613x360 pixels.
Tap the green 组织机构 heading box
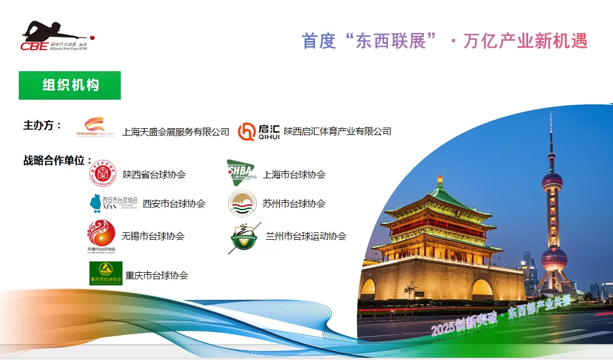pos(70,85)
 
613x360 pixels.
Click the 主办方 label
pos(42,125)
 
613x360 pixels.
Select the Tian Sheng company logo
pos(95,128)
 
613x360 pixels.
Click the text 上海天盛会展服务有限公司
pos(175,132)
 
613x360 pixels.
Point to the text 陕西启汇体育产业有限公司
pos(337,132)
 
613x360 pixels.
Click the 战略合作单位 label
pos(58,160)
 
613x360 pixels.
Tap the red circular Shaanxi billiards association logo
pos(103,173)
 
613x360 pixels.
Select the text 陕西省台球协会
pos(154,175)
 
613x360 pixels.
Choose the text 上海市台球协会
pos(294,175)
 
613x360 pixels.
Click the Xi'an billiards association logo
pos(113,202)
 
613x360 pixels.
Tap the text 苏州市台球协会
pos(294,203)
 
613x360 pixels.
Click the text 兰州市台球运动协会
pos(306,236)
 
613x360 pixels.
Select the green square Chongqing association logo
pos(106,273)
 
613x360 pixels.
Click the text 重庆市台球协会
pos(157,275)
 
